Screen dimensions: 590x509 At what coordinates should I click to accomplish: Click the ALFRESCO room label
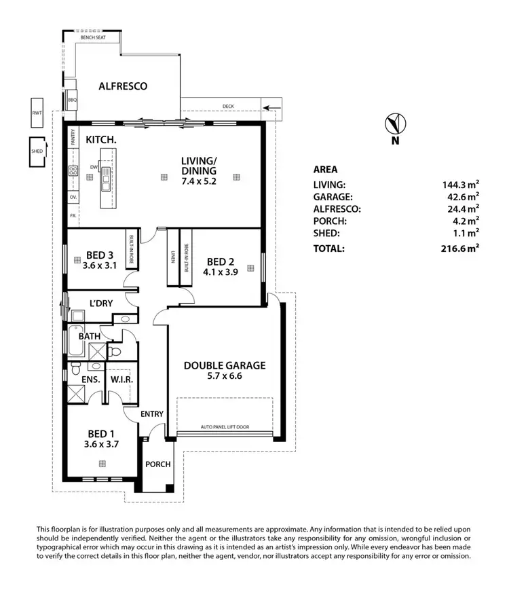click(x=123, y=86)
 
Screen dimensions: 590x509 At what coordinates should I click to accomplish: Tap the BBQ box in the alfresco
click(x=73, y=100)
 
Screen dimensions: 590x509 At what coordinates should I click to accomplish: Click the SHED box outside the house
click(x=37, y=151)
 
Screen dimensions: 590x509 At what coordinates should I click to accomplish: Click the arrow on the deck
click(x=272, y=107)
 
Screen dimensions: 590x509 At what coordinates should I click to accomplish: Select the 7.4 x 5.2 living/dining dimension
click(x=198, y=182)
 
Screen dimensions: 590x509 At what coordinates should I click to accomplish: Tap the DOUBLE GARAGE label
click(x=225, y=365)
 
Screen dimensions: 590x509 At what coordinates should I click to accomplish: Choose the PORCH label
click(x=157, y=464)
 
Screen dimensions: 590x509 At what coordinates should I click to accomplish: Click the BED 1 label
click(x=100, y=432)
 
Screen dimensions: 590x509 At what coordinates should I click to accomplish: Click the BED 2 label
click(x=221, y=261)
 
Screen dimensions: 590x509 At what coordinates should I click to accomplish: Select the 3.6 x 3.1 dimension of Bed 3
click(x=100, y=265)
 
